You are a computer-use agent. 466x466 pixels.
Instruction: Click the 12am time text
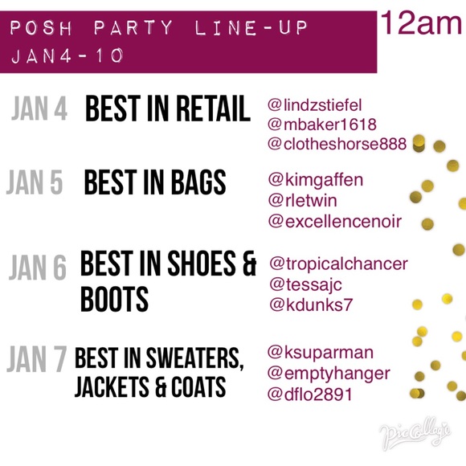pos(421,23)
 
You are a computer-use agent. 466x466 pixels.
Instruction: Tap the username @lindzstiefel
pos(315,105)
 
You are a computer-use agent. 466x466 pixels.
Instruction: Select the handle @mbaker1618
pos(322,125)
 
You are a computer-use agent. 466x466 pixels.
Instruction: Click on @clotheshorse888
pos(337,144)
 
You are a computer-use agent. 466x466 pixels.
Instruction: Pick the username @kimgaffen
pos(316,181)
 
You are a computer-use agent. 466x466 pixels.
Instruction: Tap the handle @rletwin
pos(303,201)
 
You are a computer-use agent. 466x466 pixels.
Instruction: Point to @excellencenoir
pos(335,222)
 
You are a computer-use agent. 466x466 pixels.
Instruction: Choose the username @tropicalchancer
pos(339,264)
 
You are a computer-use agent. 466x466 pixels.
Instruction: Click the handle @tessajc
pos(306,285)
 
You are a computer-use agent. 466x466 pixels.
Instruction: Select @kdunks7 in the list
pos(311,305)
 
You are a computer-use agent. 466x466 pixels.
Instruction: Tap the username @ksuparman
pos(321,353)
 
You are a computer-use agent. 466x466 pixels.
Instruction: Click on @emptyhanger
pos(329,374)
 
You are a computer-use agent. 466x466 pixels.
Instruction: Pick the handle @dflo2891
pos(309,394)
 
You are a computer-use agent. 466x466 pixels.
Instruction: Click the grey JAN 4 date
pos(39,108)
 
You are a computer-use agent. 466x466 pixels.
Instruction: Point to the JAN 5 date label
pos(35,182)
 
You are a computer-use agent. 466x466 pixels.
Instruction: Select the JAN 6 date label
pos(38,268)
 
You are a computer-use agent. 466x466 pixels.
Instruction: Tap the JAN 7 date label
pos(37,359)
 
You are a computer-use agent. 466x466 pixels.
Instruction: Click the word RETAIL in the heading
pos(214,108)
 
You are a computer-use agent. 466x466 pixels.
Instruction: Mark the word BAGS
pos(198,182)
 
